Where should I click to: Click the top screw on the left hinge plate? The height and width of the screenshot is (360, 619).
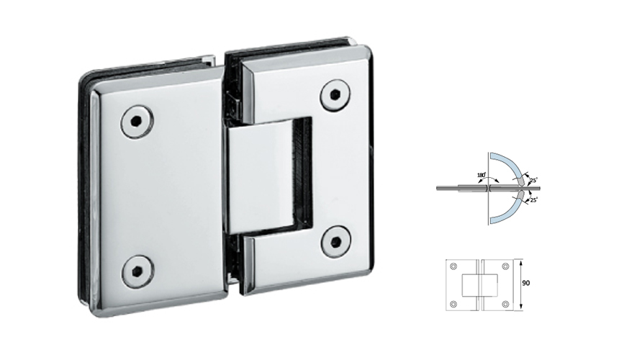(x=135, y=122)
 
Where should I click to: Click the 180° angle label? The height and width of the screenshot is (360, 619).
(x=480, y=175)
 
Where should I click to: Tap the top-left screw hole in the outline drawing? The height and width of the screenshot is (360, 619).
(x=453, y=266)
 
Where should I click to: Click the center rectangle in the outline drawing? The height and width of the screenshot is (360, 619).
(x=479, y=285)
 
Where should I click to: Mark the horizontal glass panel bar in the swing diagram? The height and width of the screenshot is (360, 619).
(x=461, y=189)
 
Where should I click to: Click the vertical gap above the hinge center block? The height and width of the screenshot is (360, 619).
(x=232, y=94)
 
